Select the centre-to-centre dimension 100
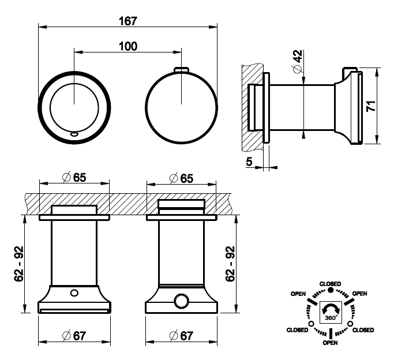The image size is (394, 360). click(x=127, y=46)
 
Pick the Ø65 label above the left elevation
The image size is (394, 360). click(x=74, y=178)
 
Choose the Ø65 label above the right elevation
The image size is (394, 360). click(x=182, y=178)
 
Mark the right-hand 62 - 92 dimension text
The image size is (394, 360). click(x=230, y=263)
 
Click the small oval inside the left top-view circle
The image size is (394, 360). click(x=74, y=134)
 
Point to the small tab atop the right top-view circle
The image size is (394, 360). click(x=182, y=70)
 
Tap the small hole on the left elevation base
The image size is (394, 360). click(x=74, y=293)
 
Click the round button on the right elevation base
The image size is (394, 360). click(x=182, y=301)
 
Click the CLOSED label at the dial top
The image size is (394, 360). click(x=331, y=284)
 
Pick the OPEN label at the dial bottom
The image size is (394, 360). click(x=331, y=343)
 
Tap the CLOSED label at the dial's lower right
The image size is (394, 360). click(x=363, y=330)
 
